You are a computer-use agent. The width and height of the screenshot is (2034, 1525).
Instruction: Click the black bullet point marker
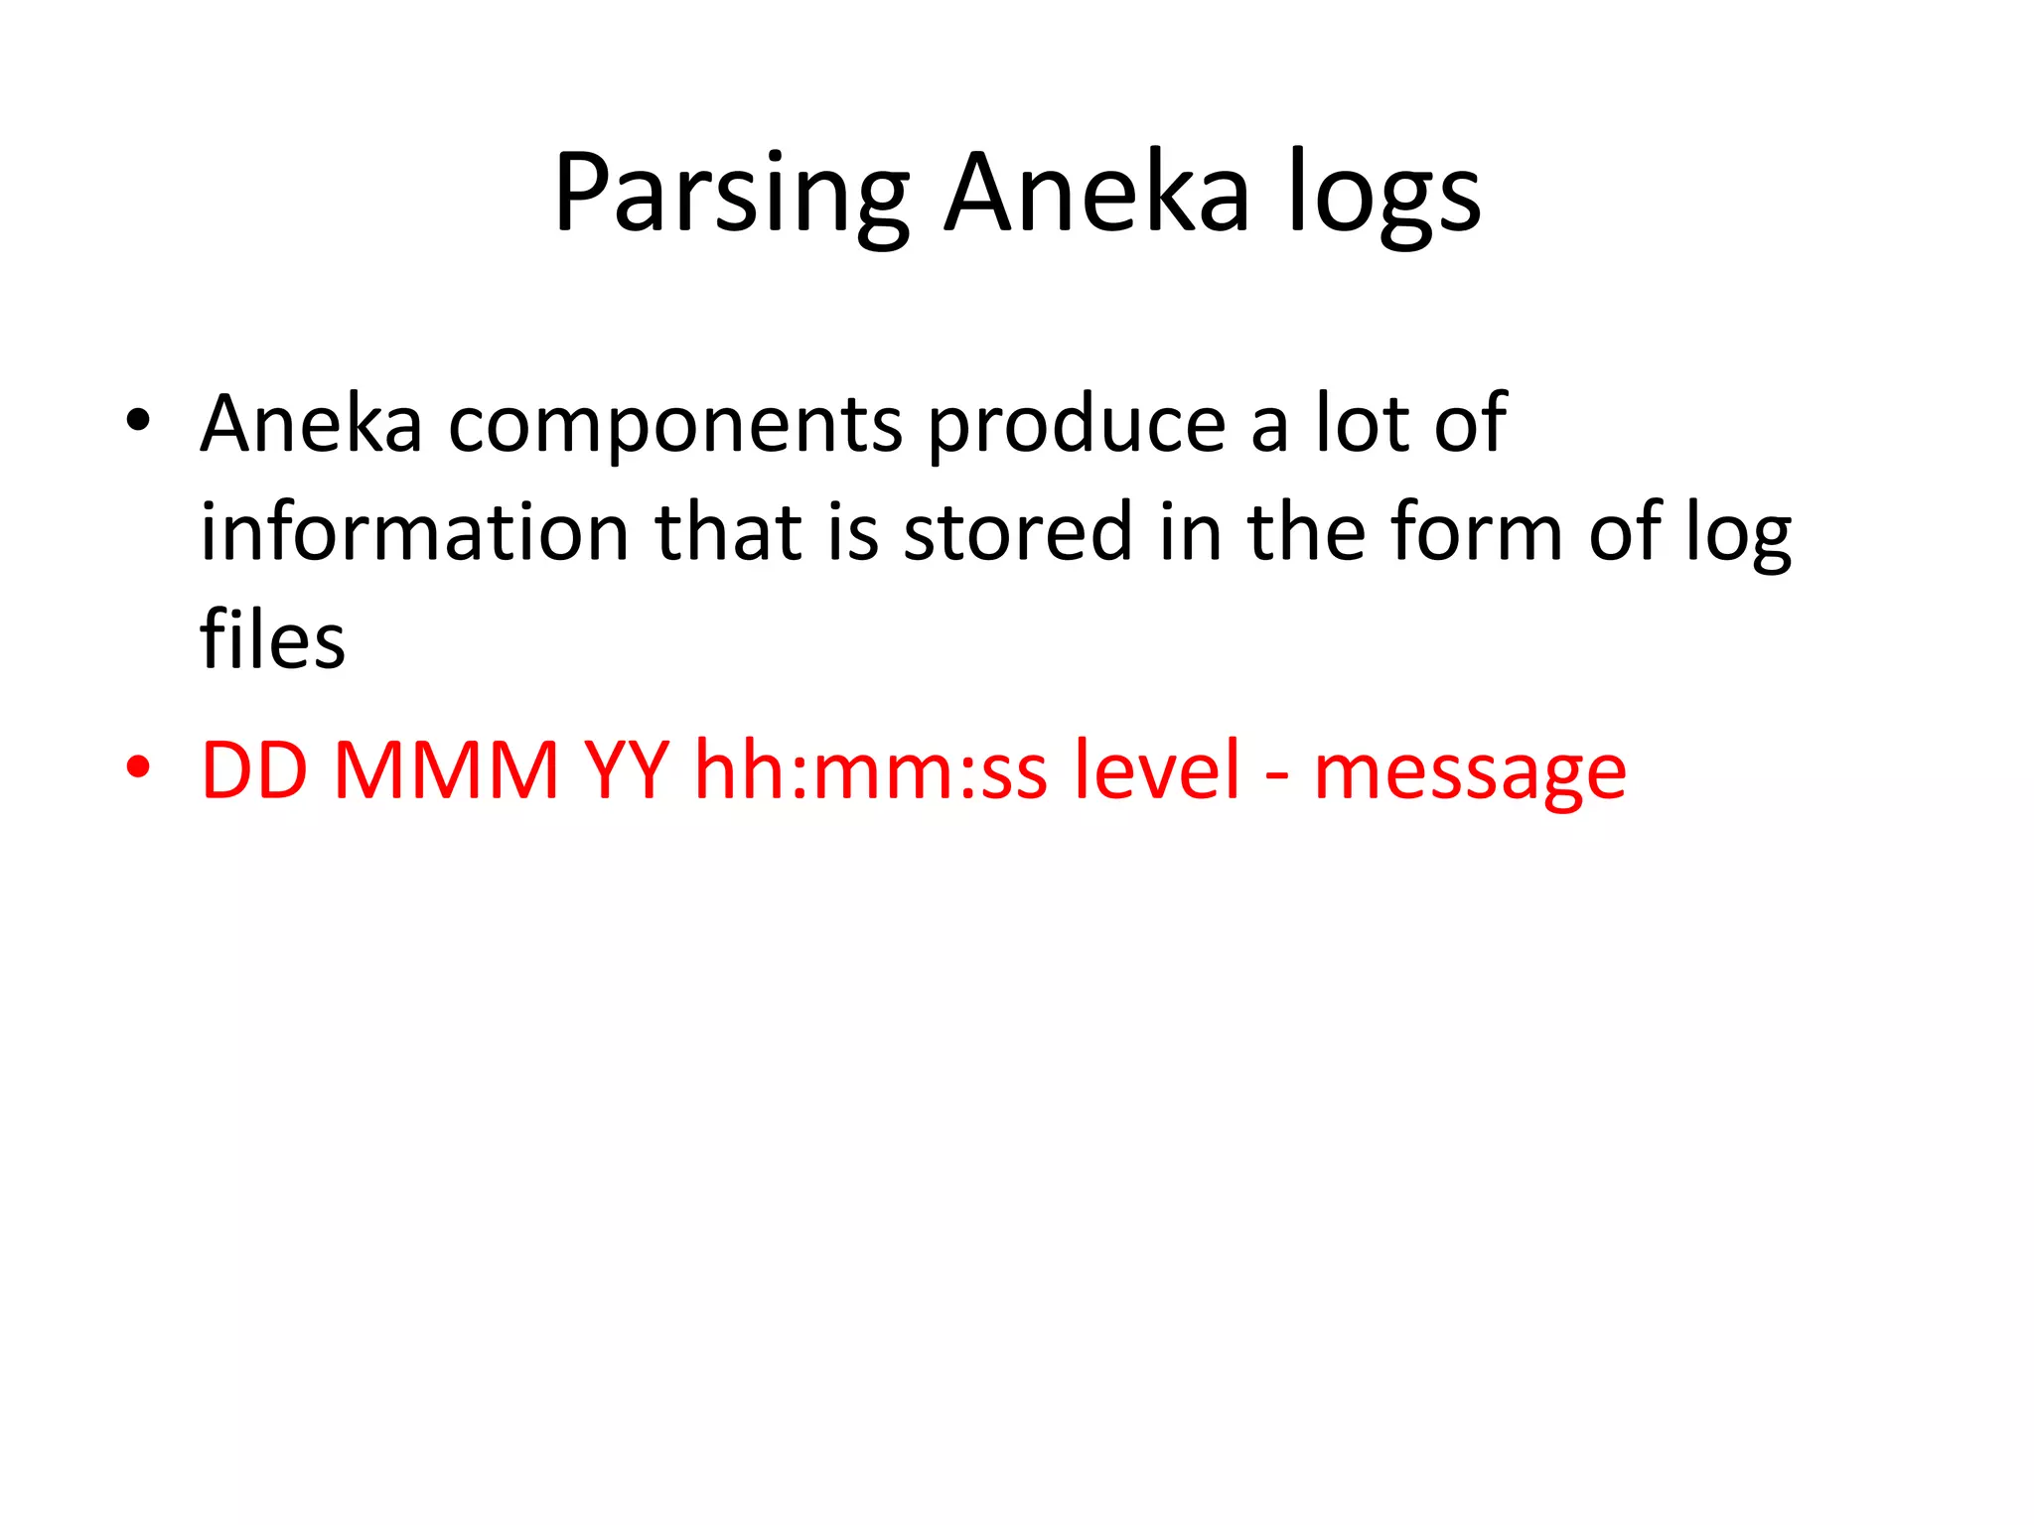(138, 421)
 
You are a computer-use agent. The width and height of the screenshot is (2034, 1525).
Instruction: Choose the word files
(272, 639)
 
